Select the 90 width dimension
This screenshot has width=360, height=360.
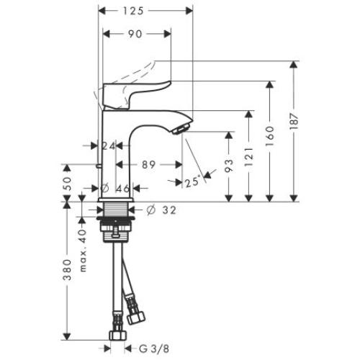[135, 34]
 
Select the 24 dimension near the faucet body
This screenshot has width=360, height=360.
[109, 146]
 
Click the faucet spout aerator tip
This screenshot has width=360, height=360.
[181, 128]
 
